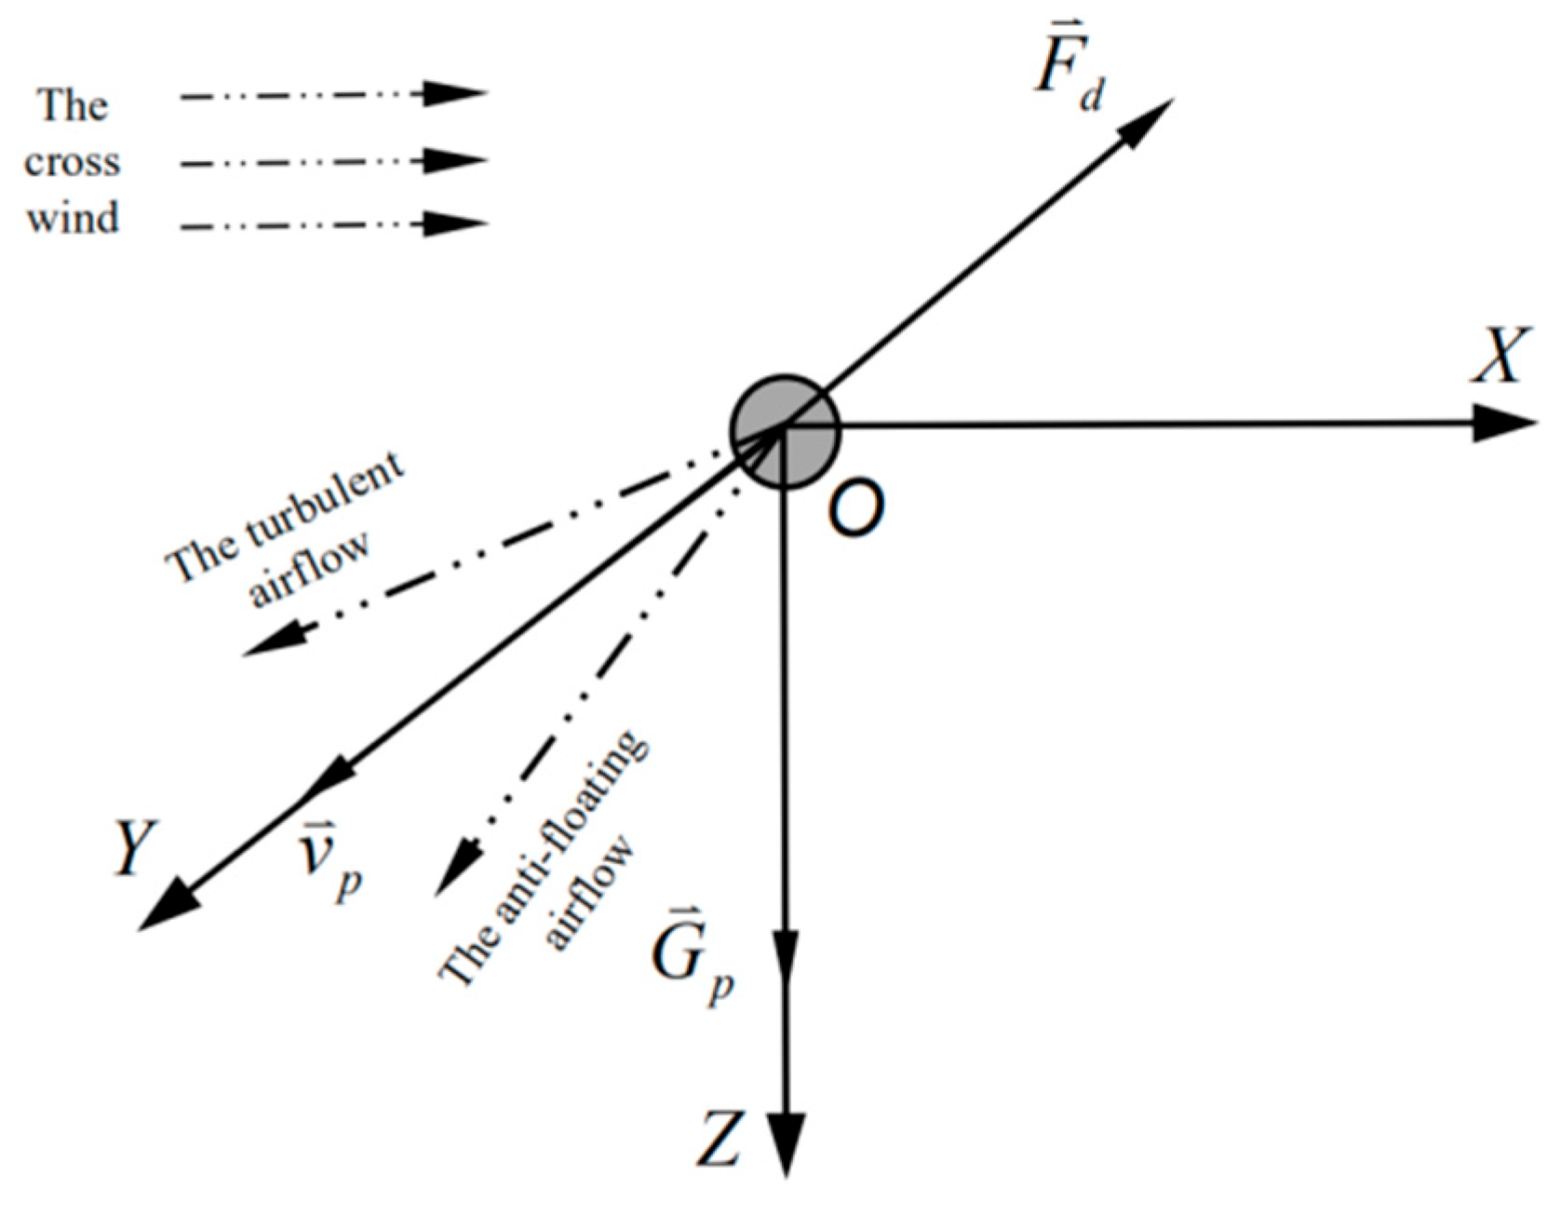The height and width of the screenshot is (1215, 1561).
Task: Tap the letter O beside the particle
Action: click(854, 509)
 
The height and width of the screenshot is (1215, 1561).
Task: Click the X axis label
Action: click(1500, 356)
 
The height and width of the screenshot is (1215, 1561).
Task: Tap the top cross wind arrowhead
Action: click(456, 93)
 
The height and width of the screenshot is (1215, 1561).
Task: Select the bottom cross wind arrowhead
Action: click(456, 223)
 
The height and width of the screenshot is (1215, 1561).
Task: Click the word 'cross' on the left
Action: click(73, 163)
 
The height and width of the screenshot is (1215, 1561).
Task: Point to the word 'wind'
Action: click(73, 219)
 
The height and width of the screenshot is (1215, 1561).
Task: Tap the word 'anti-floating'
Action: click(558, 819)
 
